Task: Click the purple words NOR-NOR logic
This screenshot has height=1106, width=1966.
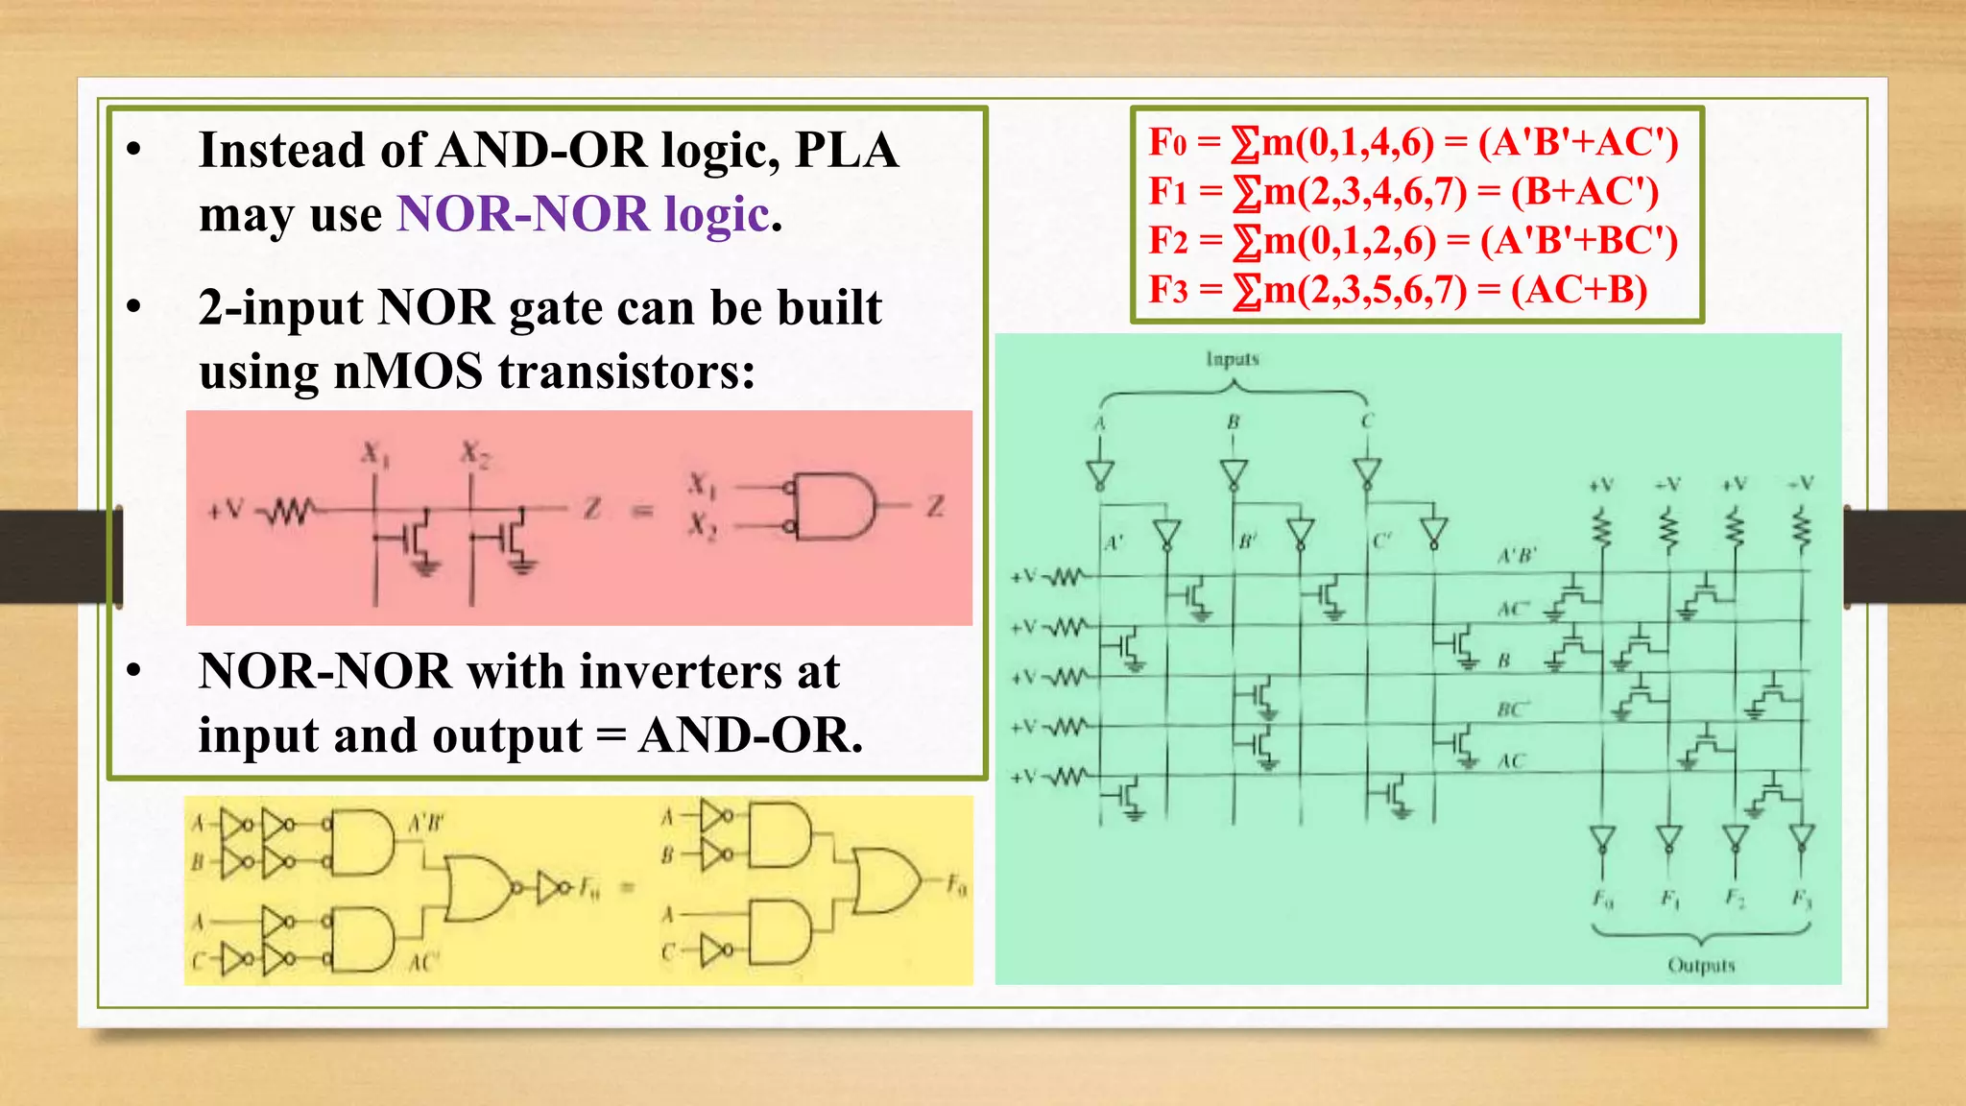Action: (583, 214)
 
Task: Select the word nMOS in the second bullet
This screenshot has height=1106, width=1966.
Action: (407, 372)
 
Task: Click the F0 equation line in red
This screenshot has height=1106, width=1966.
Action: (1413, 142)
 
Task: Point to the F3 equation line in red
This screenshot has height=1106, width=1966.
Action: (1398, 289)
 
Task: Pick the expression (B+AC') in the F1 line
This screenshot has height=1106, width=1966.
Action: (1585, 191)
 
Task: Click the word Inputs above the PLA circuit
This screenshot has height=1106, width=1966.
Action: (1233, 359)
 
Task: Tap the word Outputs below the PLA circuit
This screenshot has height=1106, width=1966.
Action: (1701, 965)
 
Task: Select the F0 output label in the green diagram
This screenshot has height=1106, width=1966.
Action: (1603, 900)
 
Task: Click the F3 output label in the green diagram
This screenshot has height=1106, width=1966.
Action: (1802, 900)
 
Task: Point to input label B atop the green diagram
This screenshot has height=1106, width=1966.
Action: (1234, 421)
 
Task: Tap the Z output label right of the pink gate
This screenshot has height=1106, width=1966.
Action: (935, 506)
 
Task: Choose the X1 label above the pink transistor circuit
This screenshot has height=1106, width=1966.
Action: (374, 453)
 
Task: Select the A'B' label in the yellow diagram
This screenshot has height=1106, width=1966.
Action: (425, 824)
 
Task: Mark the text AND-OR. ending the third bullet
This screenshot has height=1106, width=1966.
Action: (751, 736)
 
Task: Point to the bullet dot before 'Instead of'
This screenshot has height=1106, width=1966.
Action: (134, 151)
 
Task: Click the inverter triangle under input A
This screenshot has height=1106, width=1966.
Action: (1100, 473)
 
